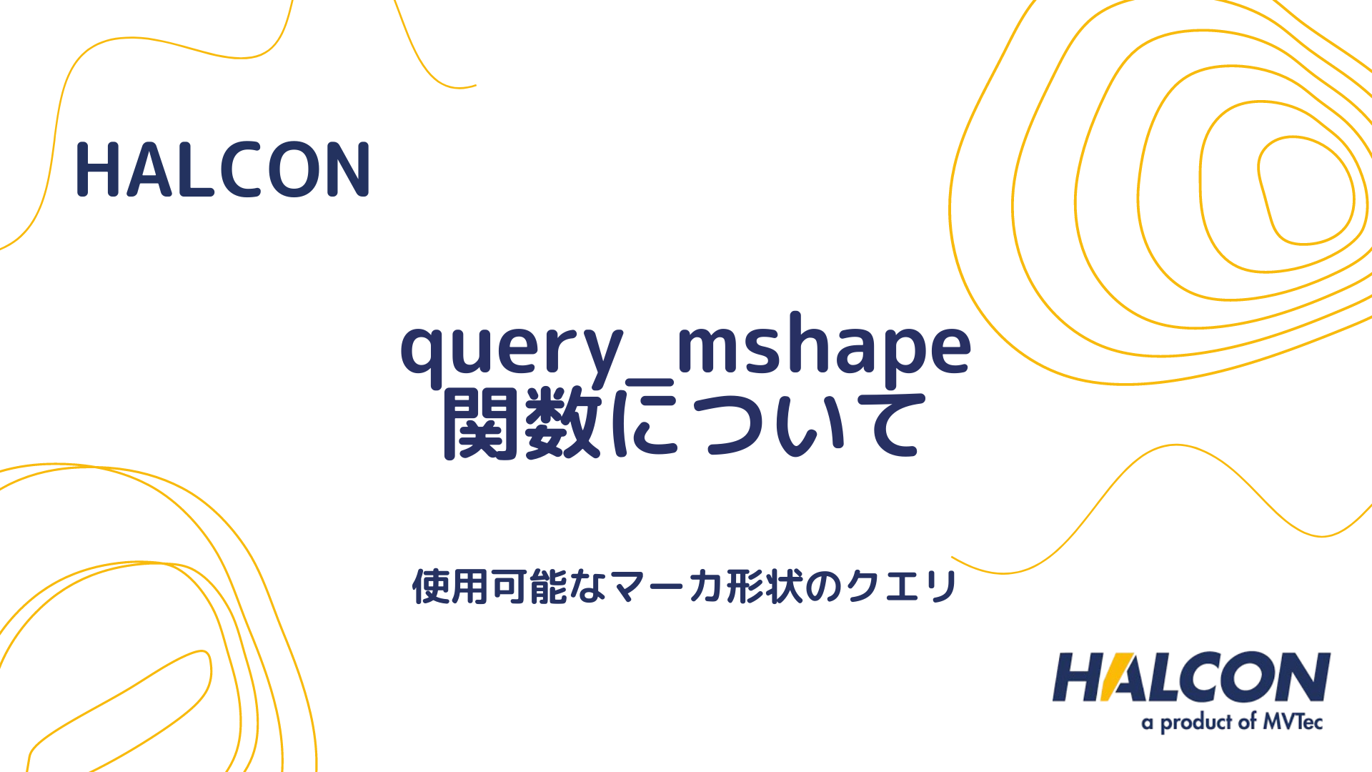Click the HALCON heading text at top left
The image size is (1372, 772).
(223, 170)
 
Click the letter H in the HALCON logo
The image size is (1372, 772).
(1079, 677)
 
